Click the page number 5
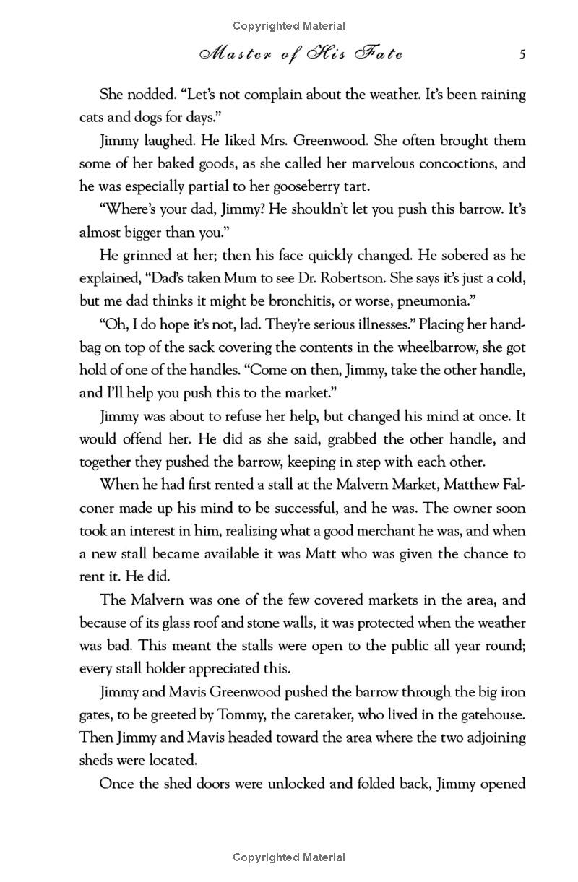pyautogui.click(x=522, y=55)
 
